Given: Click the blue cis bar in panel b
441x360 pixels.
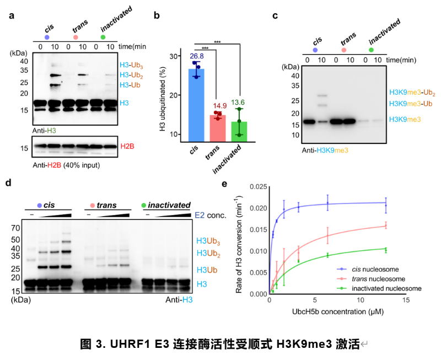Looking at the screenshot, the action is (x=196, y=105).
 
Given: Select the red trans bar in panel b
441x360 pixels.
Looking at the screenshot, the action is (x=218, y=128).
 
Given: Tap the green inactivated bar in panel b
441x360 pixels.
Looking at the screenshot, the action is (x=239, y=132).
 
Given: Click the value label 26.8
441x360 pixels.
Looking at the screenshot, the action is (x=197, y=56).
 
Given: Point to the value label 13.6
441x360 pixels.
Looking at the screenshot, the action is (x=238, y=103).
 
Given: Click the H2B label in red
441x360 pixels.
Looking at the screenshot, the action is (x=127, y=146).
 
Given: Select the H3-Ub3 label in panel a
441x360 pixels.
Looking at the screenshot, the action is (x=131, y=65).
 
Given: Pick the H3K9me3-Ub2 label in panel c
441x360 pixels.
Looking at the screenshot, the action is (x=412, y=93).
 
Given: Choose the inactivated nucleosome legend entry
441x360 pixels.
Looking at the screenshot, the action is (x=379, y=288).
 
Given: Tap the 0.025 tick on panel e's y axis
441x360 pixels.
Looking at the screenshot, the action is (x=258, y=187).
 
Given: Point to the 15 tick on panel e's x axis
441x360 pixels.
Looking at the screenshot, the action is (x=406, y=300).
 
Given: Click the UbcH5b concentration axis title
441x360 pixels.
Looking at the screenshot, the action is (x=338, y=311).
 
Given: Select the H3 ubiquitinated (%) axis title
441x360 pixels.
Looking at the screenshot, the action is (x=163, y=99).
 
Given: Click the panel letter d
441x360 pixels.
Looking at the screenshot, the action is (x=8, y=183).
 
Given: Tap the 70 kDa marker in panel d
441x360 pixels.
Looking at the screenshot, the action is (x=16, y=228).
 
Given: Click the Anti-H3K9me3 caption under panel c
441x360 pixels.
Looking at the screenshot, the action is (x=325, y=151).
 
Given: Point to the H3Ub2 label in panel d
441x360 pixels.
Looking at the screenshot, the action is (x=208, y=254).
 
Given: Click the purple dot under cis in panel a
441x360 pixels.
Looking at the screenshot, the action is (x=47, y=37).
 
